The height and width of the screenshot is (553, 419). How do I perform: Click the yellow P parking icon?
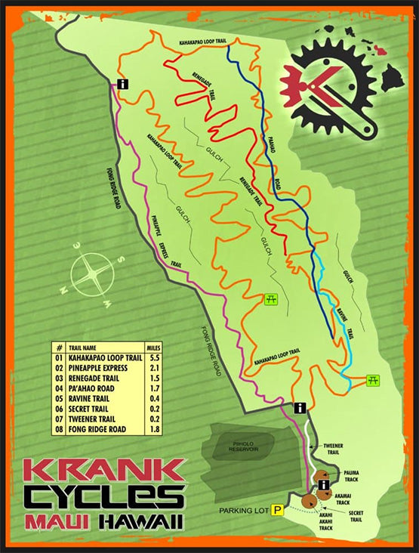(277, 511)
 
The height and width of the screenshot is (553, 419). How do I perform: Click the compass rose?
(88, 273)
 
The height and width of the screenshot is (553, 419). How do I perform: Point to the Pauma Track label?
(351, 476)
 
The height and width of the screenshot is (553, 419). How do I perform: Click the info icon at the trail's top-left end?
(122, 85)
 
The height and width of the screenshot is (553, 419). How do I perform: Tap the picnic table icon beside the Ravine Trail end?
(372, 380)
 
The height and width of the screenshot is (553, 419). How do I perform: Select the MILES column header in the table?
(153, 348)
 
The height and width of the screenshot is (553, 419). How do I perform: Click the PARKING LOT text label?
(242, 511)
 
